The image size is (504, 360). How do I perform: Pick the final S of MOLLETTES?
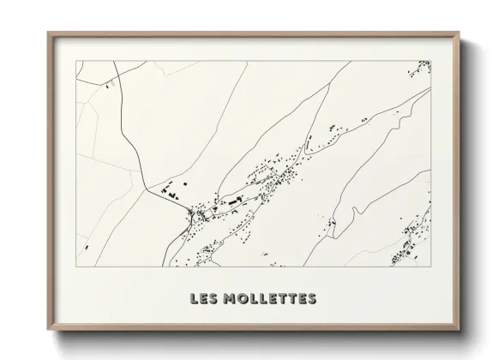(x=312, y=299)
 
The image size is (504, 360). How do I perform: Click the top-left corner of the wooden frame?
(x=48, y=33)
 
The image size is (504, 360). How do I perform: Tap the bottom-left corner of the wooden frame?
(x=48, y=331)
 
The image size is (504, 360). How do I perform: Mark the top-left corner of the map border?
(x=76, y=61)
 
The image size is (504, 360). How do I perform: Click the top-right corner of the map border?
(x=430, y=61)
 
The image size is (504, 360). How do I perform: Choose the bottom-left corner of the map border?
(x=76, y=267)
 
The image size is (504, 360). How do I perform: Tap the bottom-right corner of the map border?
(x=430, y=267)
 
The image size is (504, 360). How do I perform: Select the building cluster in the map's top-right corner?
(x=423, y=67)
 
